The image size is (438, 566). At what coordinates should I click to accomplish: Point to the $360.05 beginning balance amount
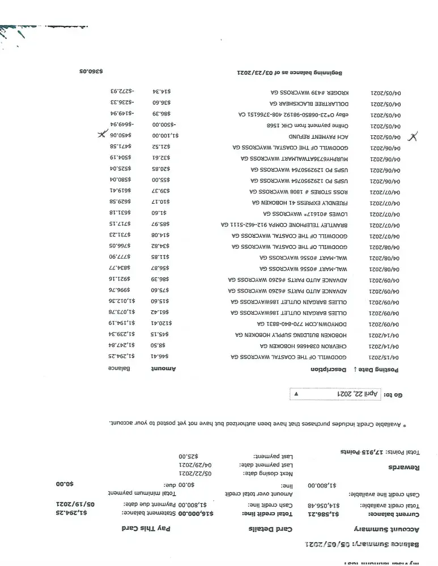coord(91,72)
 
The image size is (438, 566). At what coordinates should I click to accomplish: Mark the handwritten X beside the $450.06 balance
coord(102,135)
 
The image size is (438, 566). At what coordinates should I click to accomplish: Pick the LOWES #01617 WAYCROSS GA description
coord(305,213)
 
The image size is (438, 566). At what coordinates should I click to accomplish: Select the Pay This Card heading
coord(150,529)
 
